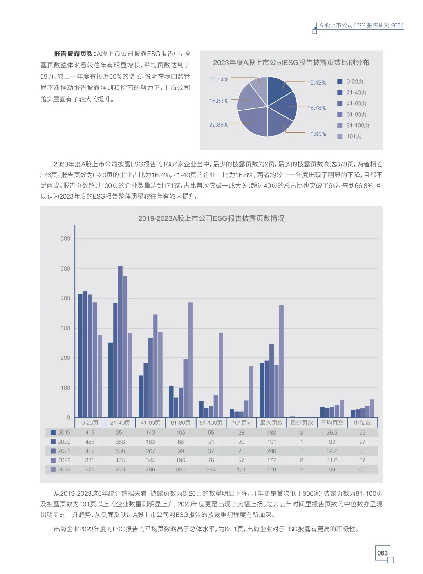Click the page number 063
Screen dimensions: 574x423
pyautogui.click(x=382, y=553)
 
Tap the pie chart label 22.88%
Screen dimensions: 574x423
pyautogui.click(x=219, y=125)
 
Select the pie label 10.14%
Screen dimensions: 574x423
pyautogui.click(x=219, y=79)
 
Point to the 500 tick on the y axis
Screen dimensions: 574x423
pyautogui.click(x=65, y=269)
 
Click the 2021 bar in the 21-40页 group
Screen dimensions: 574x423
pyautogui.click(x=120, y=341)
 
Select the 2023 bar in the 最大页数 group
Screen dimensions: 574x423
pyautogui.click(x=281, y=361)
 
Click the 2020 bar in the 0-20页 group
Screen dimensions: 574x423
pyautogui.click(x=85, y=354)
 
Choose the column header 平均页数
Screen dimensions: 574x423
pyautogui.click(x=332, y=423)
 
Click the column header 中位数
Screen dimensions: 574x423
pyautogui.click(x=362, y=423)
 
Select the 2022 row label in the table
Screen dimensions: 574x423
pyautogui.click(x=64, y=460)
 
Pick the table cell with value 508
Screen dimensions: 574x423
pyautogui.click(x=120, y=451)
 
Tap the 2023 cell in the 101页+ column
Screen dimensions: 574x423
pyautogui.click(x=241, y=469)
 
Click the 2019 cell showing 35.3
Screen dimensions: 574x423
pyautogui.click(x=332, y=433)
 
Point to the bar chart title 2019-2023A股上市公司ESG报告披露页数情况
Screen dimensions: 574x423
pyautogui.click(x=211, y=218)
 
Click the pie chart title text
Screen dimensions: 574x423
pyautogui.click(x=291, y=63)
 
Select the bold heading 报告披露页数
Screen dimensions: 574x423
pyautogui.click(x=74, y=54)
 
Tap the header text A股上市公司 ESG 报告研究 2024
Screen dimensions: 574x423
pyautogui.click(x=361, y=25)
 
